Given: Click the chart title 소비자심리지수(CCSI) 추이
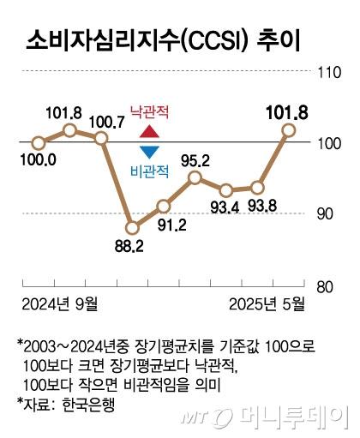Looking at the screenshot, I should coord(165,39).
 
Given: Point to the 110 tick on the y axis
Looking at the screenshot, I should coord(328,74).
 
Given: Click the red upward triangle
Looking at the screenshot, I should coord(149,132).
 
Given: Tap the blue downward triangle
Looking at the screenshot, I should coord(149,153).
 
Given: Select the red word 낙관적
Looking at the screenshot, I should coord(149,111).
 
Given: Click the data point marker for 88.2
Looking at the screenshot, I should coord(132,228).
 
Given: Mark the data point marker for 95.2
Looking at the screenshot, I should coord(195,177).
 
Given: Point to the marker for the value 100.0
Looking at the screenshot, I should coord(38,143).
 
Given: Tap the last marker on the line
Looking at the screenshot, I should coord(289,129).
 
